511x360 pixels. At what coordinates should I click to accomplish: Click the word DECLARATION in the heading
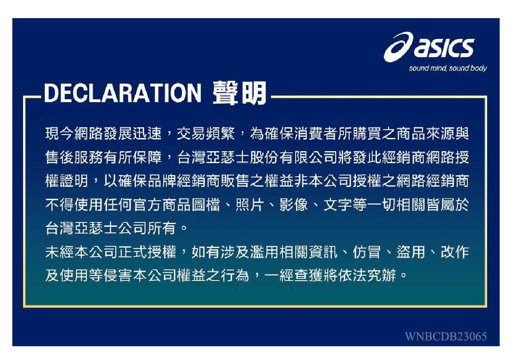[123, 94]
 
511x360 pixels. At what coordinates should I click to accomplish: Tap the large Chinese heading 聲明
[240, 93]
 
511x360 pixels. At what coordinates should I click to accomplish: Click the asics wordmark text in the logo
[444, 48]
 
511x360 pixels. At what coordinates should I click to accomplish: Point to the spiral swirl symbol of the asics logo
[398, 47]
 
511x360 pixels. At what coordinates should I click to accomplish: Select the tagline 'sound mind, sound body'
[448, 68]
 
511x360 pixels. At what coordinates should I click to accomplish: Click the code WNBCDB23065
[446, 337]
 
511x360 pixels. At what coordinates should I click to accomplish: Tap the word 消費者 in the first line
[315, 133]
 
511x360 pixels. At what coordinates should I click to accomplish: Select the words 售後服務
[75, 157]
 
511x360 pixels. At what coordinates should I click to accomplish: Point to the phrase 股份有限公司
[294, 157]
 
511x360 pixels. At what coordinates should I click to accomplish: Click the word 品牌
[162, 181]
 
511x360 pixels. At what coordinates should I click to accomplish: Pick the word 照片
[250, 205]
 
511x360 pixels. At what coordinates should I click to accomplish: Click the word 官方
[147, 205]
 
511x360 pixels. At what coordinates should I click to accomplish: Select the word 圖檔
[206, 205]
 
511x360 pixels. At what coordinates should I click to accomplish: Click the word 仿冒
[366, 252]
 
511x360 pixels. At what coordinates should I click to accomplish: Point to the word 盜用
[411, 252]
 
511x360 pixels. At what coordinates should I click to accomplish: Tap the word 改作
[455, 252]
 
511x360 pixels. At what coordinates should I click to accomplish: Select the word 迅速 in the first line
[147, 133]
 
